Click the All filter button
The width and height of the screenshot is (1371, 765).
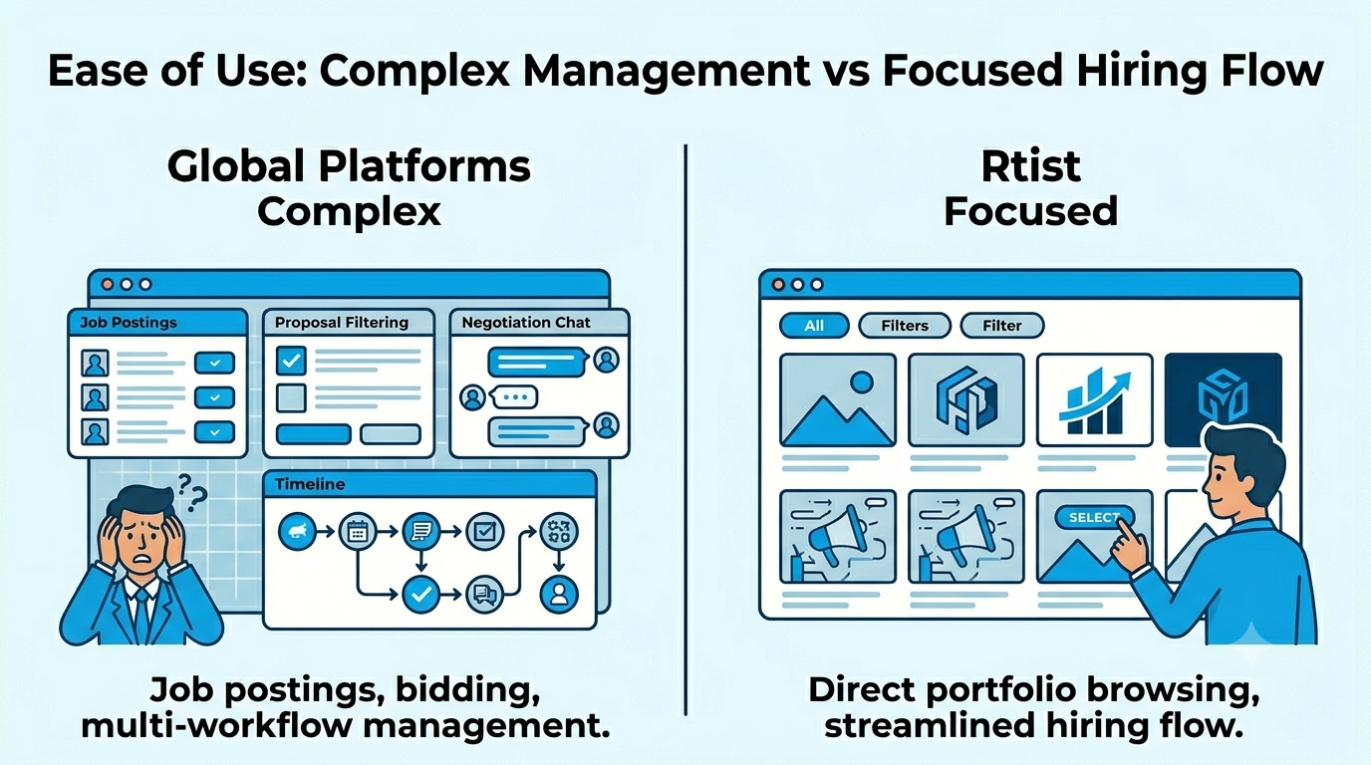tap(814, 326)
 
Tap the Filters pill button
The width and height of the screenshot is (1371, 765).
tap(905, 326)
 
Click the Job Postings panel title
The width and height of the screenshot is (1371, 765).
tap(129, 323)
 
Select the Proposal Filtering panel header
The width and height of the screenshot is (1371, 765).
tap(342, 323)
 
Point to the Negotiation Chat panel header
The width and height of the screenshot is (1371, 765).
tap(526, 323)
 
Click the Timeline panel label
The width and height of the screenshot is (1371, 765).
tap(310, 484)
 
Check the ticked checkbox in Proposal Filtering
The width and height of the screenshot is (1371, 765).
tap(291, 361)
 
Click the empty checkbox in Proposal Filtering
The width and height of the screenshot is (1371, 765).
tap(291, 397)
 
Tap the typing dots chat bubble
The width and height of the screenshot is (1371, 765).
tap(515, 397)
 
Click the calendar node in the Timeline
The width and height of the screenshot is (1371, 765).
tap(358, 531)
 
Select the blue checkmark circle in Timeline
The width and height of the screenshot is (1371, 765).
tap(421, 595)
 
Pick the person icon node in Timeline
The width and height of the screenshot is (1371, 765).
tap(559, 595)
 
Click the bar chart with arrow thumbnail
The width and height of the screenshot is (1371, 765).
tap(1094, 399)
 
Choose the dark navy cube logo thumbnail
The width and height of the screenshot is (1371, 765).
tap(1223, 399)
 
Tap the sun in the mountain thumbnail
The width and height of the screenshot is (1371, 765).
tap(862, 383)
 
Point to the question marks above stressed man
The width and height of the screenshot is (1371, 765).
tap(192, 493)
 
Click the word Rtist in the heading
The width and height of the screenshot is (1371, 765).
tap(1030, 166)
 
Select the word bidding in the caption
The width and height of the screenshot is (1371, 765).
tap(468, 690)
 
